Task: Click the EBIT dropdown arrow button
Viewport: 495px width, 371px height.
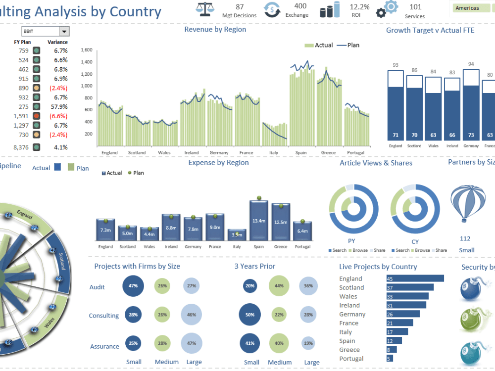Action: pyautogui.click(x=64, y=32)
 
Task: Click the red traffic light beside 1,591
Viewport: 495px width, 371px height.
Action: pyautogui.click(x=36, y=116)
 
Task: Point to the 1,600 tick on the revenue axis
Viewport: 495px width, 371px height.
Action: pyautogui.click(x=87, y=50)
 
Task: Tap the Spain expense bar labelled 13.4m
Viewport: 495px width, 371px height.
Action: pyautogui.click(x=258, y=221)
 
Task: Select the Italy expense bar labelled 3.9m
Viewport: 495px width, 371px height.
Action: pyautogui.click(x=237, y=234)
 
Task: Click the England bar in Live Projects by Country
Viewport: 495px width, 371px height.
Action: pyautogui.click(x=415, y=278)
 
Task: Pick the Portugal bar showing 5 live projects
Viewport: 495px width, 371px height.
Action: pyautogui.click(x=390, y=359)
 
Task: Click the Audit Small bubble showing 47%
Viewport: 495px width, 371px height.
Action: pyautogui.click(x=133, y=286)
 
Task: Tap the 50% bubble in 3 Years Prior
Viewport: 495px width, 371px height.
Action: pyautogui.click(x=250, y=315)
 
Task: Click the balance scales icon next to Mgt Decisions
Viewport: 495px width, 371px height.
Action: pyautogui.click(x=203, y=9)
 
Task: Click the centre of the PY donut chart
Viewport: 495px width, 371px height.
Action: pyautogui.click(x=354, y=209)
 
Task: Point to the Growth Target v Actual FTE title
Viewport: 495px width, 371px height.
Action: pyautogui.click(x=430, y=30)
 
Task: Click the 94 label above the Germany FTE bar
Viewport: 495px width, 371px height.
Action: pyautogui.click(x=471, y=64)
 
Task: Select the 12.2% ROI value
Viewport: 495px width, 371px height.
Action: pyautogui.click(x=359, y=7)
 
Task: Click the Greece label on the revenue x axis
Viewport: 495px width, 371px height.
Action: pyautogui.click(x=328, y=153)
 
